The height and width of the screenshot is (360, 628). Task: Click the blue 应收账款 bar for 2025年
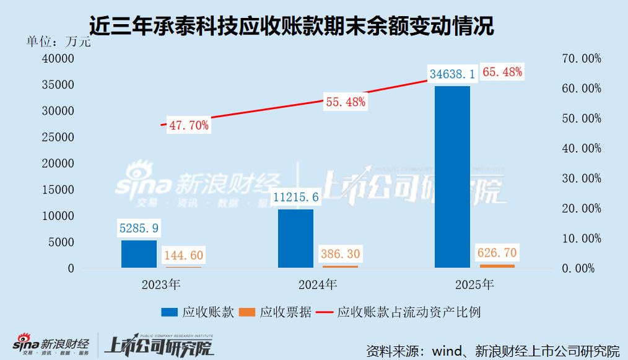pyautogui.click(x=452, y=177)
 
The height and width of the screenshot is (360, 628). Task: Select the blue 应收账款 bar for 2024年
pyautogui.click(x=295, y=239)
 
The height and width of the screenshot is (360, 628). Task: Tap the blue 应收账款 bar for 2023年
pyautogui.click(x=139, y=254)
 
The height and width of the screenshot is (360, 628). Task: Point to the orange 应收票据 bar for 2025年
pyautogui.click(x=497, y=266)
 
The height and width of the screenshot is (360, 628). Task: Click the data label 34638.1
pyautogui.click(x=452, y=74)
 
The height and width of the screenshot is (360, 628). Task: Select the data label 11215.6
pyautogui.click(x=295, y=197)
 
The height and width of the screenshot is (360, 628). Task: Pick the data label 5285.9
pyautogui.click(x=139, y=228)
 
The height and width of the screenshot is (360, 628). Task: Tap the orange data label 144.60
pyautogui.click(x=183, y=255)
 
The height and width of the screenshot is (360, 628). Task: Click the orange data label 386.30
pyautogui.click(x=339, y=253)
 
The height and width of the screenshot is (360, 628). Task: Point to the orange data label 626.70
pyautogui.click(x=496, y=252)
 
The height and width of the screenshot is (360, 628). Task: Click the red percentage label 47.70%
pyautogui.click(x=189, y=126)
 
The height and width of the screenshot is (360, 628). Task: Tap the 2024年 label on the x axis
pyautogui.click(x=317, y=286)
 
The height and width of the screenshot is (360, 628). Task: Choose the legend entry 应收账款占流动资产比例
pyautogui.click(x=409, y=313)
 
